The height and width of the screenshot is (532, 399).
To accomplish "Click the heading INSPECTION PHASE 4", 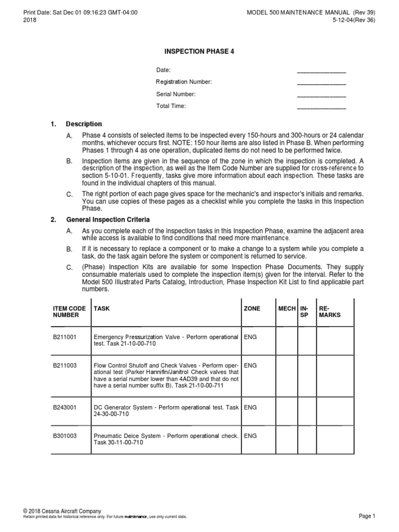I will (195, 51).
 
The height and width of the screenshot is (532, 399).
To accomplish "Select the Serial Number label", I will (176, 94).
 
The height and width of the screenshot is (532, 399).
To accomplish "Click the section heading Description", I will (84, 124).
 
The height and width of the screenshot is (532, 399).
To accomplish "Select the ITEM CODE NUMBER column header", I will (70, 312).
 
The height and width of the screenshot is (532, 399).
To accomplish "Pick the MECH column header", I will (287, 309).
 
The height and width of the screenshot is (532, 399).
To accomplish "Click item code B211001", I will (65, 337).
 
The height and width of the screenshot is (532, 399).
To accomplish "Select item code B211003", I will (65, 365).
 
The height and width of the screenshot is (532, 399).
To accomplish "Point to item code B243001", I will (65, 407).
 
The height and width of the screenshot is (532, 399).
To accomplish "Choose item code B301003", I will (65, 435).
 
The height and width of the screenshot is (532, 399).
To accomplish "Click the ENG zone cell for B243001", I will (250, 407).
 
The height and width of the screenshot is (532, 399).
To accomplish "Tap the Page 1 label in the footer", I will (366, 516).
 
